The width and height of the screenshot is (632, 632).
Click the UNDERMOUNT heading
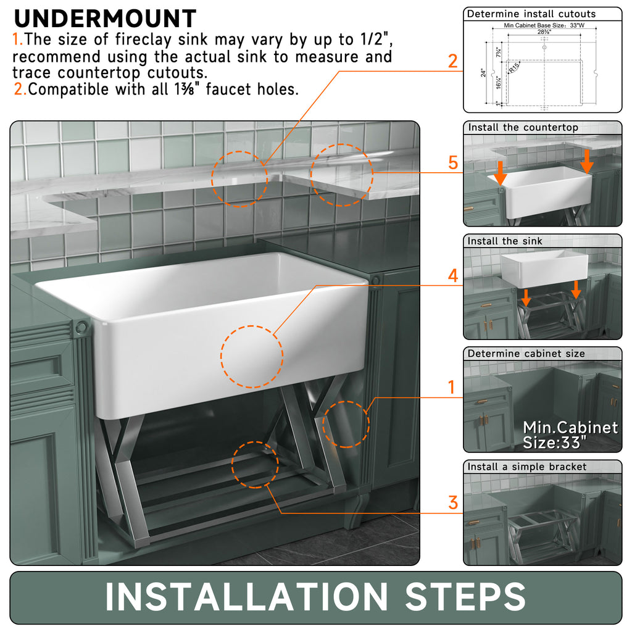[105, 19]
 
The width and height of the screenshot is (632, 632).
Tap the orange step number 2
[453, 61]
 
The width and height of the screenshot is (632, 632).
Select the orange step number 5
[453, 163]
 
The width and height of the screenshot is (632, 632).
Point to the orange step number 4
[453, 275]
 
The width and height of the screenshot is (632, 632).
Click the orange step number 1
[452, 388]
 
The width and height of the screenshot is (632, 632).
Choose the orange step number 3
[453, 502]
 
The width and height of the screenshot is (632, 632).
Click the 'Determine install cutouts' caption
[531, 14]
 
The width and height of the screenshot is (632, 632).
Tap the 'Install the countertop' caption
[523, 128]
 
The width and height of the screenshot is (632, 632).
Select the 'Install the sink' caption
[505, 241]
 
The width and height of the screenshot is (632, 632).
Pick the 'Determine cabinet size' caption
[526, 354]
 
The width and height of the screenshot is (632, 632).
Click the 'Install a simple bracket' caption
[526, 467]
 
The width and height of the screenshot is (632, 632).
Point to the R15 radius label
[513, 69]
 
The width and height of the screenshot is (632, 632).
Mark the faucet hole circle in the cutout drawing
[544, 47]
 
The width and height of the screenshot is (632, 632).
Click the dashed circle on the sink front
[252, 357]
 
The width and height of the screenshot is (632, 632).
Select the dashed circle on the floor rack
[255, 464]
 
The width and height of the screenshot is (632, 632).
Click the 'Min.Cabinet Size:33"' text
[570, 434]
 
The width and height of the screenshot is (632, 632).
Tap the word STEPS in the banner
[465, 597]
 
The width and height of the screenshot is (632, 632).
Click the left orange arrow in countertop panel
[500, 176]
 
